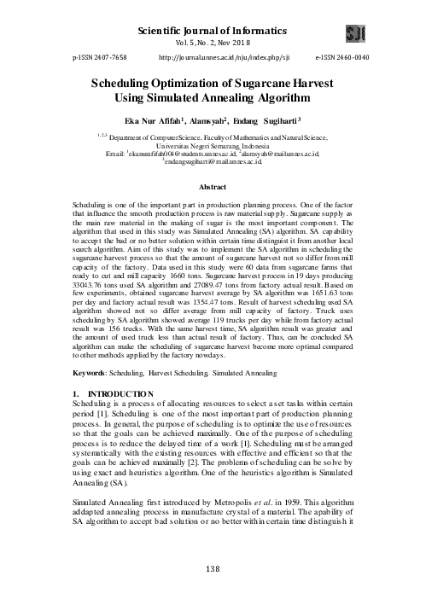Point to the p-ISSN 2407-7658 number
tap(85, 55)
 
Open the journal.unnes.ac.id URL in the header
tap(213, 55)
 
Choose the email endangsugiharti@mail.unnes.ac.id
tap(213, 162)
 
